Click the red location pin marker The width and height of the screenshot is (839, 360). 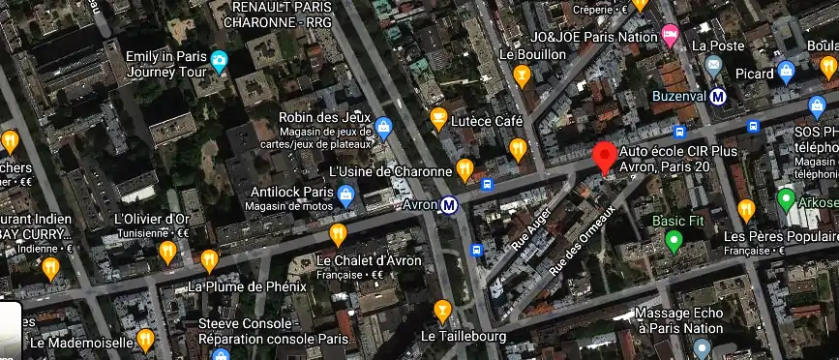click(x=605, y=157)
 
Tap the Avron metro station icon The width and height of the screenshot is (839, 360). click(x=449, y=205)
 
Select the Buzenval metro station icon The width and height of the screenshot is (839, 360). click(x=718, y=96)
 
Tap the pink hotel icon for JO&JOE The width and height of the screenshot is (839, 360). click(x=670, y=35)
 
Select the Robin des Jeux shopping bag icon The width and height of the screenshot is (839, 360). click(x=384, y=125)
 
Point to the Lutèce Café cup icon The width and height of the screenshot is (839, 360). click(x=438, y=120)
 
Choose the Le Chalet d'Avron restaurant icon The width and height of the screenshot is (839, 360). click(x=338, y=233)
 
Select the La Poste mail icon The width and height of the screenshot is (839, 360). click(x=714, y=66)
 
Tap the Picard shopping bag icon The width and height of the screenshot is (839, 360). click(x=786, y=72)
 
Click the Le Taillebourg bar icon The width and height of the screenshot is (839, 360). click(x=443, y=311)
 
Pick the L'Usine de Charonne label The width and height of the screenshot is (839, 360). click(x=391, y=171)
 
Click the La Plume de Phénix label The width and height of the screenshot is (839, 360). click(x=247, y=286)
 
